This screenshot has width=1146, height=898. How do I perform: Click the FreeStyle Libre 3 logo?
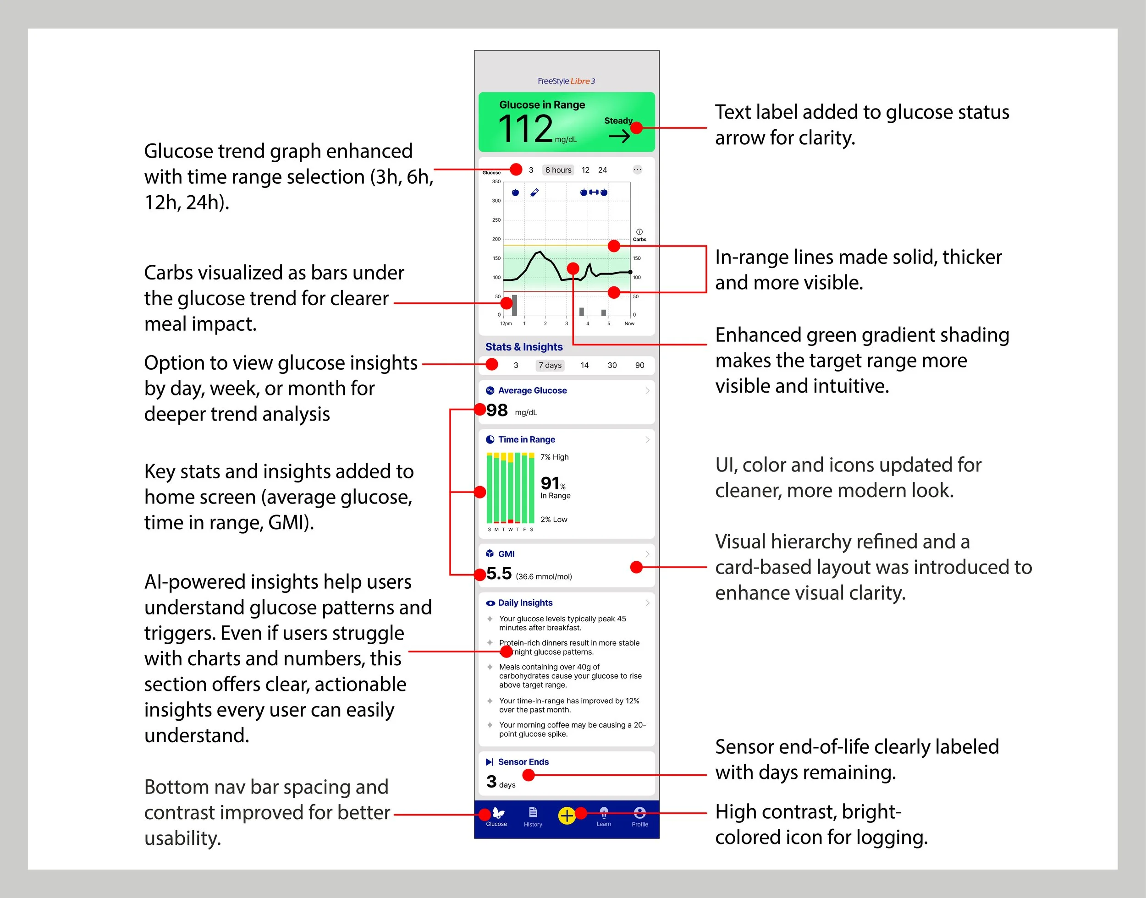pyautogui.click(x=566, y=81)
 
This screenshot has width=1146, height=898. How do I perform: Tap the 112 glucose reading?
pyautogui.click(x=525, y=129)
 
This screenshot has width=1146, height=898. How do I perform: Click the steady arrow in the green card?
pyautogui.click(x=619, y=137)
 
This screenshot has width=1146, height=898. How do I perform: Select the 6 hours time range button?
pyautogui.click(x=557, y=170)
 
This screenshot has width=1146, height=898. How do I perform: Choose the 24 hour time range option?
pyautogui.click(x=602, y=170)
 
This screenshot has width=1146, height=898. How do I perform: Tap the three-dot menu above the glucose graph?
pyautogui.click(x=638, y=170)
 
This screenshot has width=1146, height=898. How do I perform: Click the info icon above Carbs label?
pyautogui.click(x=639, y=232)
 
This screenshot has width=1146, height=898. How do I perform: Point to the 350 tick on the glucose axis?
pyautogui.click(x=496, y=182)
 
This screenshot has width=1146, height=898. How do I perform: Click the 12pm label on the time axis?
pyautogui.click(x=506, y=324)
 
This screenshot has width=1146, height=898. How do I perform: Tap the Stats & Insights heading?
pyautogui.click(x=524, y=347)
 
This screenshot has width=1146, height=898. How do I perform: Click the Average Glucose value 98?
pyautogui.click(x=497, y=411)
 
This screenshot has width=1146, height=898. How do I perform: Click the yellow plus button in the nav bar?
pyautogui.click(x=567, y=816)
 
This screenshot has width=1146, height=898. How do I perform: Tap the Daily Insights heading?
pyautogui.click(x=525, y=603)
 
